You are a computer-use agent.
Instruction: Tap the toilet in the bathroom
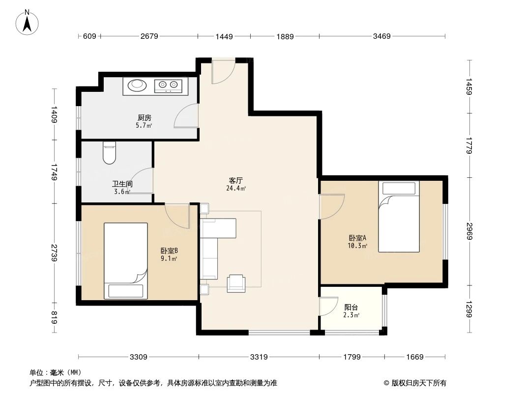point(109,153)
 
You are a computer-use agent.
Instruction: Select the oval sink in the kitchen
point(137,86)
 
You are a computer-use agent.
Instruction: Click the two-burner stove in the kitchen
point(168,86)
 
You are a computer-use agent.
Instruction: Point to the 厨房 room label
point(144,118)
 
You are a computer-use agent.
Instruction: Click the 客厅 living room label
point(235,180)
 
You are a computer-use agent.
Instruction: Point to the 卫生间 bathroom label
point(122,185)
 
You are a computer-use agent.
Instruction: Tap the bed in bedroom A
point(399,217)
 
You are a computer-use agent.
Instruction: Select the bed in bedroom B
point(126,260)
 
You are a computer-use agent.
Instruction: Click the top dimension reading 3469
point(381,36)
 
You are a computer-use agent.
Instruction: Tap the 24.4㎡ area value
point(236,188)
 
